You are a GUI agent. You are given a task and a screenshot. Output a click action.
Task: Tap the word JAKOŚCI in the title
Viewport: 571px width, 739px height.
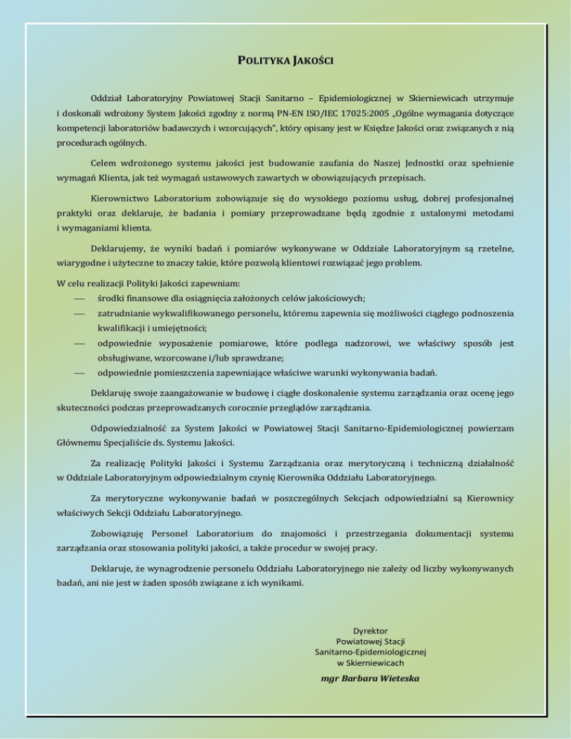[312, 59]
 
